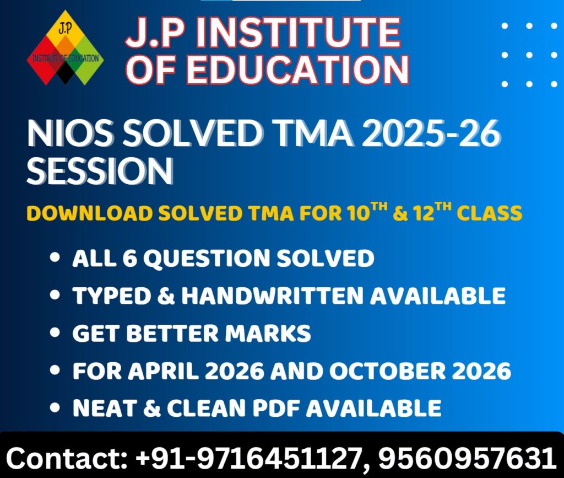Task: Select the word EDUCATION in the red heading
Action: tap(300, 69)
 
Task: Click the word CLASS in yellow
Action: tap(493, 213)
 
